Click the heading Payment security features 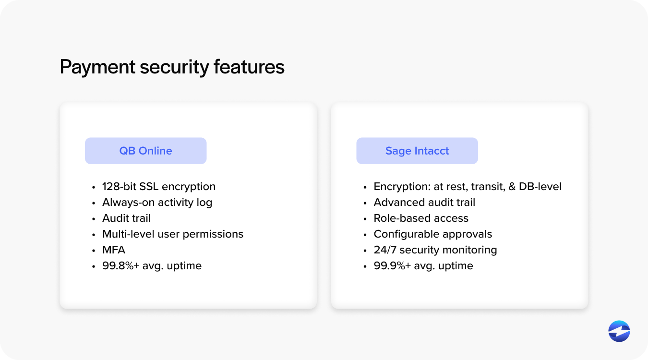(172, 67)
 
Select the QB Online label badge (145, 151)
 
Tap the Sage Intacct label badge (417, 151)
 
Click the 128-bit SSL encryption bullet (158, 186)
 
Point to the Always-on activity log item (157, 202)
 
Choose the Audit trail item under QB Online (126, 218)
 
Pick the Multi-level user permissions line (172, 234)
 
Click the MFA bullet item (113, 250)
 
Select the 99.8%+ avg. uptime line (152, 265)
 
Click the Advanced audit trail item (424, 202)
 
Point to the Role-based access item (421, 218)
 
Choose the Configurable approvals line (432, 234)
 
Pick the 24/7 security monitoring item (435, 250)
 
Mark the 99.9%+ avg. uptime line (423, 265)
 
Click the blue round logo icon (619, 331)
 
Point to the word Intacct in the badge (432, 151)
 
